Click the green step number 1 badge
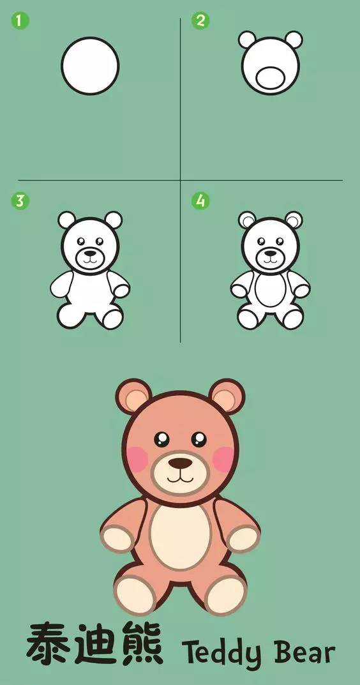[20, 20]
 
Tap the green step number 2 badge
[200, 20]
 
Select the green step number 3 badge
[20, 201]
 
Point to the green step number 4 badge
[200, 201]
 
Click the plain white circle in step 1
[90, 66]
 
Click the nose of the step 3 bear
[90, 253]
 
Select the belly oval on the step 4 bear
[271, 290]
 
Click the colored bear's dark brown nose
[180, 463]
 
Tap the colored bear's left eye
[161, 439]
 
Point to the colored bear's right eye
[199, 439]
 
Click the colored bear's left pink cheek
[138, 459]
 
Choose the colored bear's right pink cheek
[223, 459]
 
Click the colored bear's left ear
[133, 396]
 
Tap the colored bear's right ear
[227, 396]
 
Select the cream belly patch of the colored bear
[180, 537]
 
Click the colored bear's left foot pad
[135, 595]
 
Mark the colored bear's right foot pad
[225, 595]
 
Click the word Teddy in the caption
[221, 652]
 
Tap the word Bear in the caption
[305, 651]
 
